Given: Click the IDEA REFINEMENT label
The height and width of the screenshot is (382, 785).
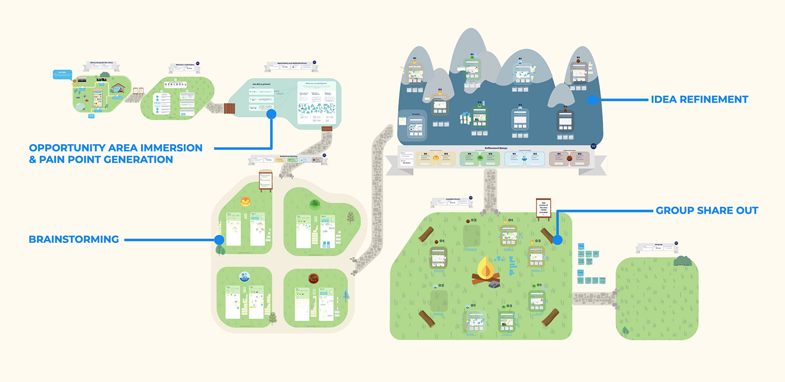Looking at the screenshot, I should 699,100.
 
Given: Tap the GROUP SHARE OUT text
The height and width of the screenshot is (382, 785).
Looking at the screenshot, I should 706,211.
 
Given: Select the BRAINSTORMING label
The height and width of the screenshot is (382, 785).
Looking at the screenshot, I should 73,240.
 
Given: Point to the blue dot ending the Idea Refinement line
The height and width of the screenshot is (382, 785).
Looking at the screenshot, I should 591,100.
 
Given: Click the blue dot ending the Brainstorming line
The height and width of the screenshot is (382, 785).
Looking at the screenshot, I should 219,240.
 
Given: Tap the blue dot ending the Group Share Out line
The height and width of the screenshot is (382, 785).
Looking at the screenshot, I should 557,240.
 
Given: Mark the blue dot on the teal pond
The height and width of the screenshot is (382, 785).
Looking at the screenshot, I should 271,114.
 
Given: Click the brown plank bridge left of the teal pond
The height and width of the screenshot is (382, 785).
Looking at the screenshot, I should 230,108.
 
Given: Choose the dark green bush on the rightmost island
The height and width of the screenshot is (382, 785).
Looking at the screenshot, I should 682,260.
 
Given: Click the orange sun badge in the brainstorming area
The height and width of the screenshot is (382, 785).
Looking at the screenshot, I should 245,202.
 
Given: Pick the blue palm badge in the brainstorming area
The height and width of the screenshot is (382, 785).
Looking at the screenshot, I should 244,277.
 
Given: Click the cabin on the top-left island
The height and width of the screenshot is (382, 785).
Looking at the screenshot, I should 119,87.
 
